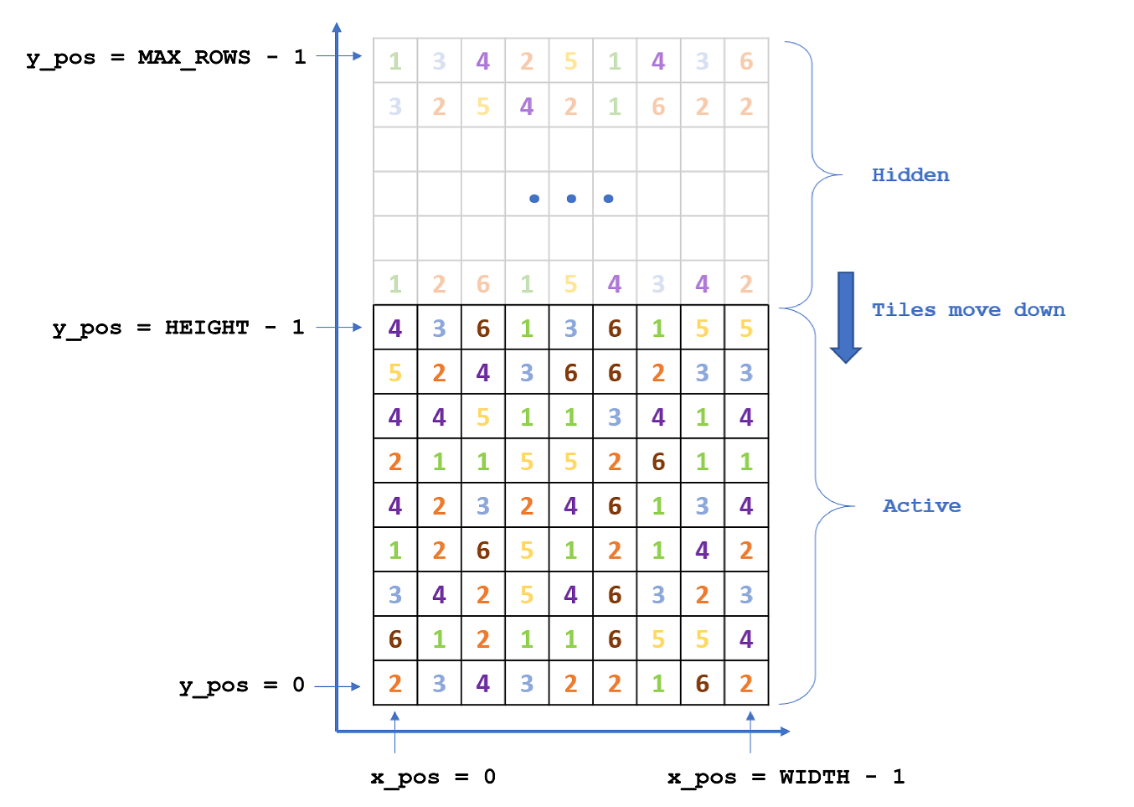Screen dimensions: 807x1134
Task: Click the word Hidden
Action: point(910,175)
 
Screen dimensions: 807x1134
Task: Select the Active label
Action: point(921,506)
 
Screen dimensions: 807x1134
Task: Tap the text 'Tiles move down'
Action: point(968,310)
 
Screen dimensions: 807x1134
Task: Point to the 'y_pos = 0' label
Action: point(241,685)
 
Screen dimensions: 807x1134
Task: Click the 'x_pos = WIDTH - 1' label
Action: point(786,777)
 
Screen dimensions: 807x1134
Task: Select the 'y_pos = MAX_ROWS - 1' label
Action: point(166,58)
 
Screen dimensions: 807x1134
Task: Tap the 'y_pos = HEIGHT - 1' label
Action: point(178,328)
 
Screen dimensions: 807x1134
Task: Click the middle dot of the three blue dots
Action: point(571,199)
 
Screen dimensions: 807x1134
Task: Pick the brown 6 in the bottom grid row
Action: point(702,684)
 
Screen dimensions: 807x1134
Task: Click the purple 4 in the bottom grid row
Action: point(483,684)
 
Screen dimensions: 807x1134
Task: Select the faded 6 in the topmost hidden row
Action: point(746,61)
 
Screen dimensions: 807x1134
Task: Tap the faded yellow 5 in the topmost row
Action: point(570,61)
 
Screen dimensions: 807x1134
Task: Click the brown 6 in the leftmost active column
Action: point(395,639)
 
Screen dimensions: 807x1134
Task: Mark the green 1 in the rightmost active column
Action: point(746,462)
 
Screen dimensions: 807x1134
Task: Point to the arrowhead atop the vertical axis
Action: point(337,28)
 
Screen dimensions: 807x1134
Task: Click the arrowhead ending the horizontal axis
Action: point(785,732)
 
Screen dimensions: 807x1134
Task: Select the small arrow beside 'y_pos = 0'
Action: point(338,686)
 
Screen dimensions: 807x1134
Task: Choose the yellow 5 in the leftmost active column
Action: point(395,373)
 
